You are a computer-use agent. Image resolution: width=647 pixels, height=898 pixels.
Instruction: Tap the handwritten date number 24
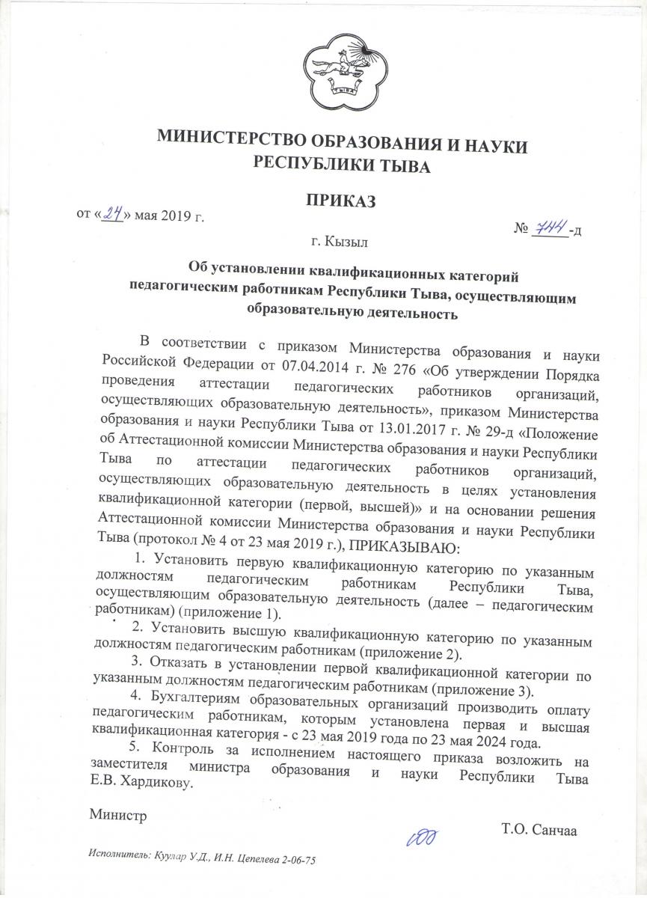point(113,215)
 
